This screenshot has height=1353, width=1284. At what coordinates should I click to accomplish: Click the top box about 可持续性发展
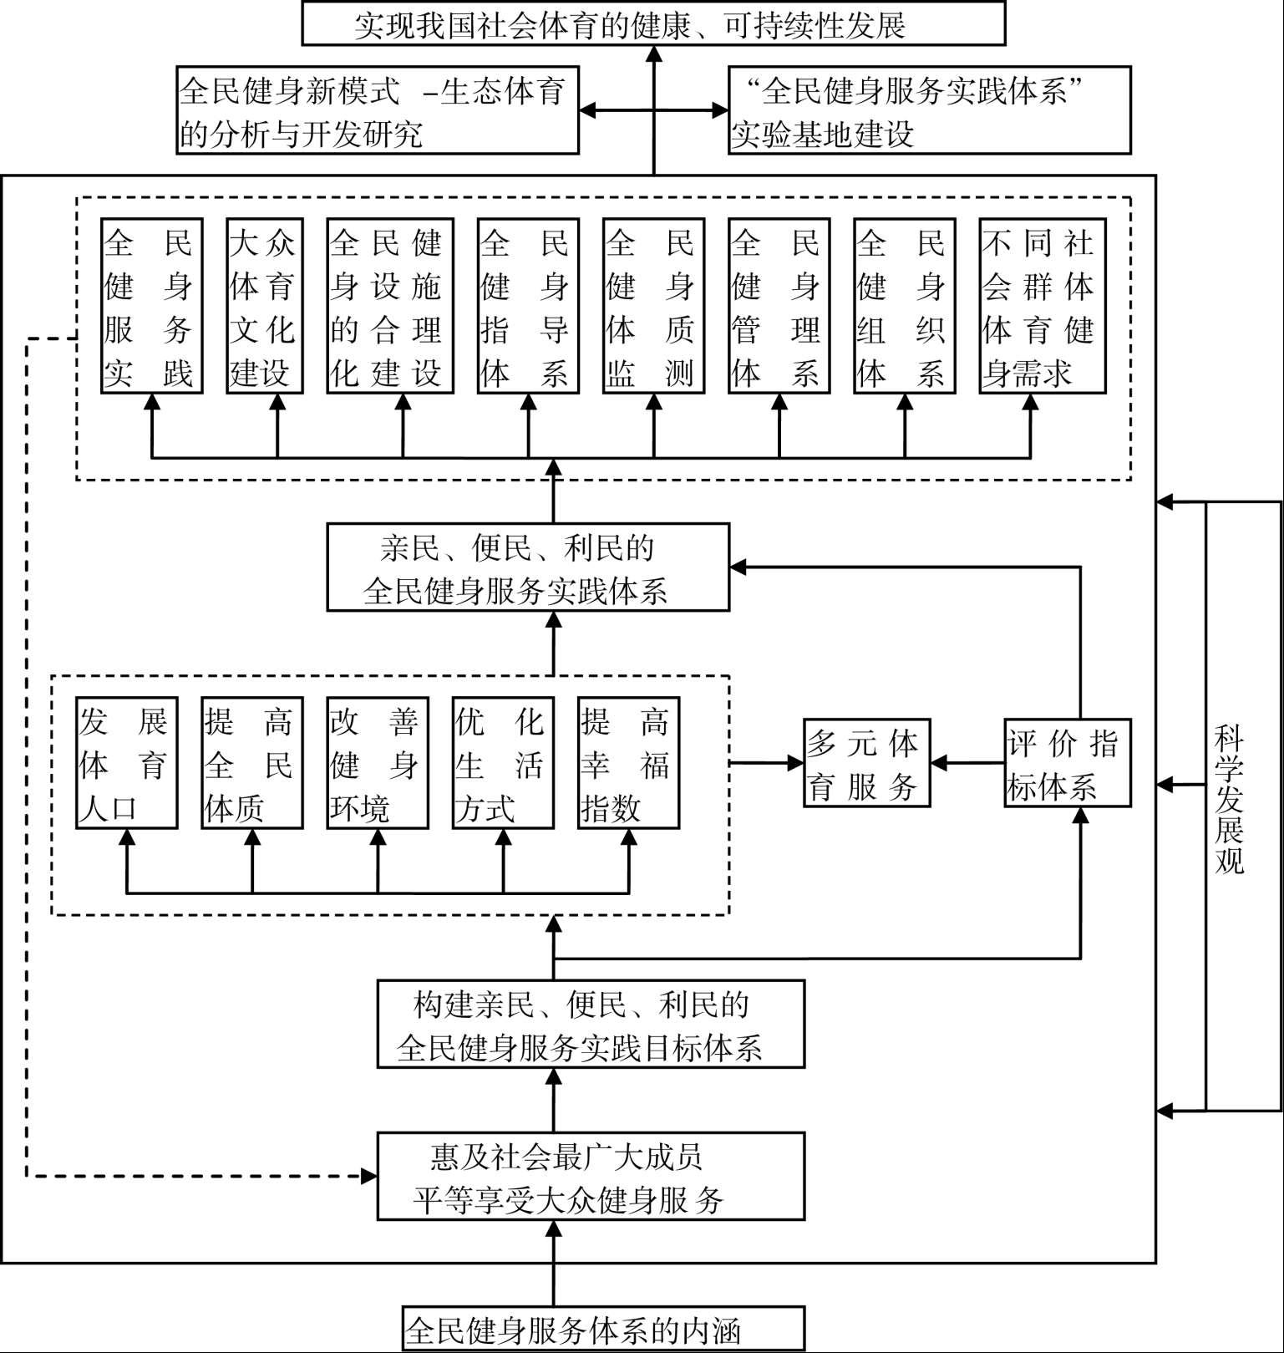click(x=653, y=23)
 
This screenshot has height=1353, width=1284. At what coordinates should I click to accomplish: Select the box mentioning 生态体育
click(x=378, y=111)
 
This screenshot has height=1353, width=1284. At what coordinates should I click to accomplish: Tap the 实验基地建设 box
click(x=929, y=111)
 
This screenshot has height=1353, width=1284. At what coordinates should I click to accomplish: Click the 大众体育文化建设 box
click(x=264, y=306)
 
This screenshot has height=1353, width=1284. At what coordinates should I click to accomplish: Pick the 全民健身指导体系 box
click(x=528, y=306)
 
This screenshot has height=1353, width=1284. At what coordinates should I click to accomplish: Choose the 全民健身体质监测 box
click(x=653, y=306)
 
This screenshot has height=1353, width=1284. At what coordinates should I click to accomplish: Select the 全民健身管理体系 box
click(x=779, y=306)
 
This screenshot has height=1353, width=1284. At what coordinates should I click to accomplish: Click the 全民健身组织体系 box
click(x=904, y=306)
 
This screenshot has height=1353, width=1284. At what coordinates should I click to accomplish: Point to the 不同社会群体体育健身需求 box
click(x=1042, y=306)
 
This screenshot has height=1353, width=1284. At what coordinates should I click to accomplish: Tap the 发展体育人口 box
click(x=126, y=763)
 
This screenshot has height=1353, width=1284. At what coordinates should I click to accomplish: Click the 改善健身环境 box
click(x=378, y=763)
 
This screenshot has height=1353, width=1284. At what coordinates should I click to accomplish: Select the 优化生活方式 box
click(x=503, y=763)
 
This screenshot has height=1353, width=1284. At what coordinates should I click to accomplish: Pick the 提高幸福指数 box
click(x=628, y=763)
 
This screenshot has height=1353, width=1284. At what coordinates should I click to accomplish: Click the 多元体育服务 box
click(x=866, y=763)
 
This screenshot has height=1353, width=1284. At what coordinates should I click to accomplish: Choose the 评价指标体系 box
click(x=1067, y=763)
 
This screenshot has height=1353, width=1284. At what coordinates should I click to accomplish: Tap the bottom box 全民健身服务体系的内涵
click(x=603, y=1329)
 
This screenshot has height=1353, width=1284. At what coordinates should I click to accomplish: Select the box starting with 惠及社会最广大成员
click(x=591, y=1177)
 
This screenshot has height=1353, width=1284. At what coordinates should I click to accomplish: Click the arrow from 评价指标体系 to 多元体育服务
click(x=967, y=763)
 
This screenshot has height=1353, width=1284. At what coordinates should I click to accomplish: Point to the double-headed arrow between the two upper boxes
click(x=653, y=110)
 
